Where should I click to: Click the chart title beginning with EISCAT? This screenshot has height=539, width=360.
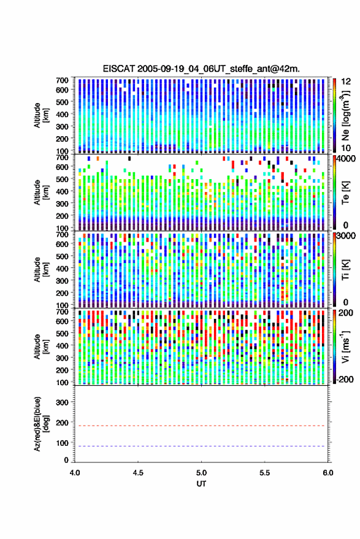[x=201, y=69]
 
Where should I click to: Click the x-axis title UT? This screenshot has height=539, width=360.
[x=201, y=484]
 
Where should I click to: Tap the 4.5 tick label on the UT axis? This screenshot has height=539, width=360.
[x=138, y=473]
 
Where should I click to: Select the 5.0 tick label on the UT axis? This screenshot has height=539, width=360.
[x=201, y=473]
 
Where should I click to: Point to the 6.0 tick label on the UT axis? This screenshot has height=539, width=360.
[x=327, y=473]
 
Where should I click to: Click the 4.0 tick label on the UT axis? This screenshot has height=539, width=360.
[x=75, y=473]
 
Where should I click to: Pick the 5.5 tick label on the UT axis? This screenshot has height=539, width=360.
[x=264, y=473]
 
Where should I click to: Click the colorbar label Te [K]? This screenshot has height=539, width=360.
[x=345, y=193]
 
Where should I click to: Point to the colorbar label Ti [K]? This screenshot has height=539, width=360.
[x=345, y=269]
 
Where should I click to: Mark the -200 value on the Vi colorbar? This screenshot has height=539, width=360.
[x=345, y=380]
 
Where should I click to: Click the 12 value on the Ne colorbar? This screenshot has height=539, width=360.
[x=346, y=82]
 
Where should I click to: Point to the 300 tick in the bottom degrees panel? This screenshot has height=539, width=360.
[x=62, y=402]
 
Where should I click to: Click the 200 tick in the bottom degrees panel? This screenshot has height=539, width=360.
[x=62, y=423]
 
